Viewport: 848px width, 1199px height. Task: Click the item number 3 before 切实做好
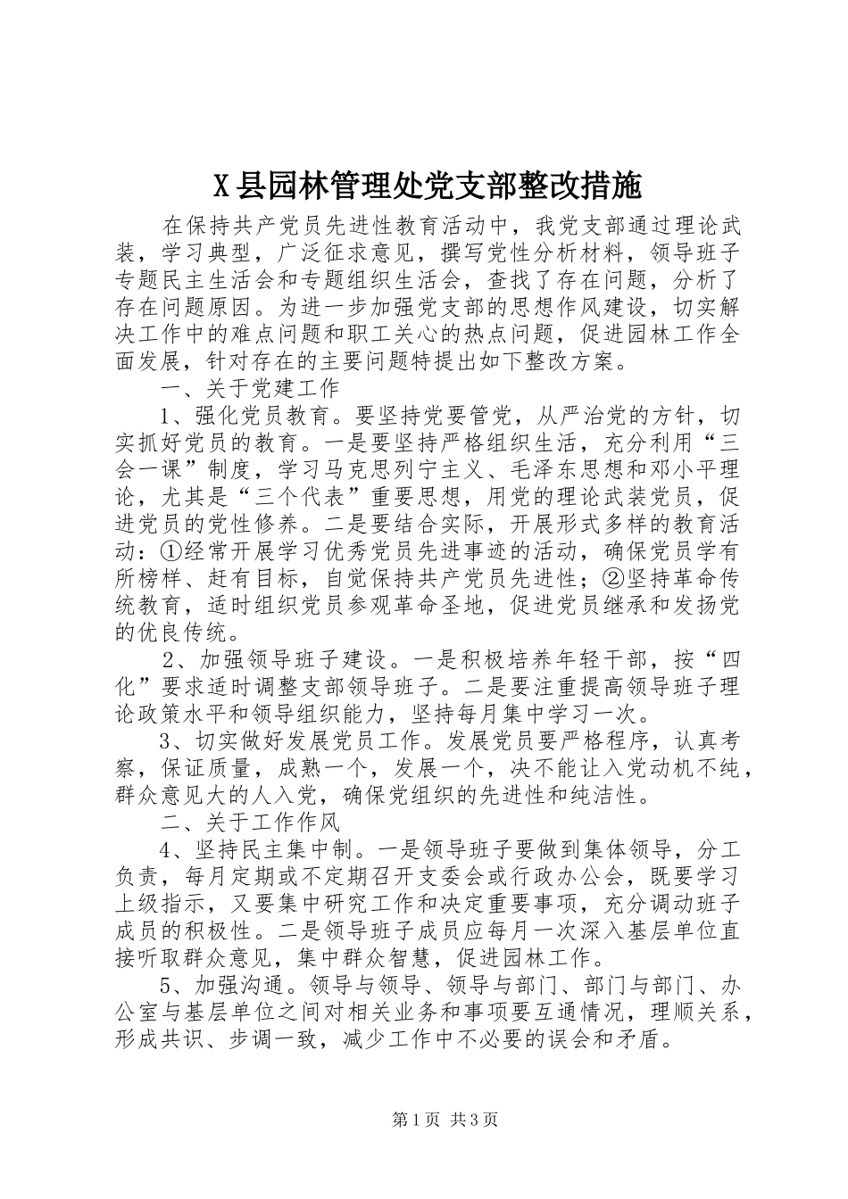pos(164,740)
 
